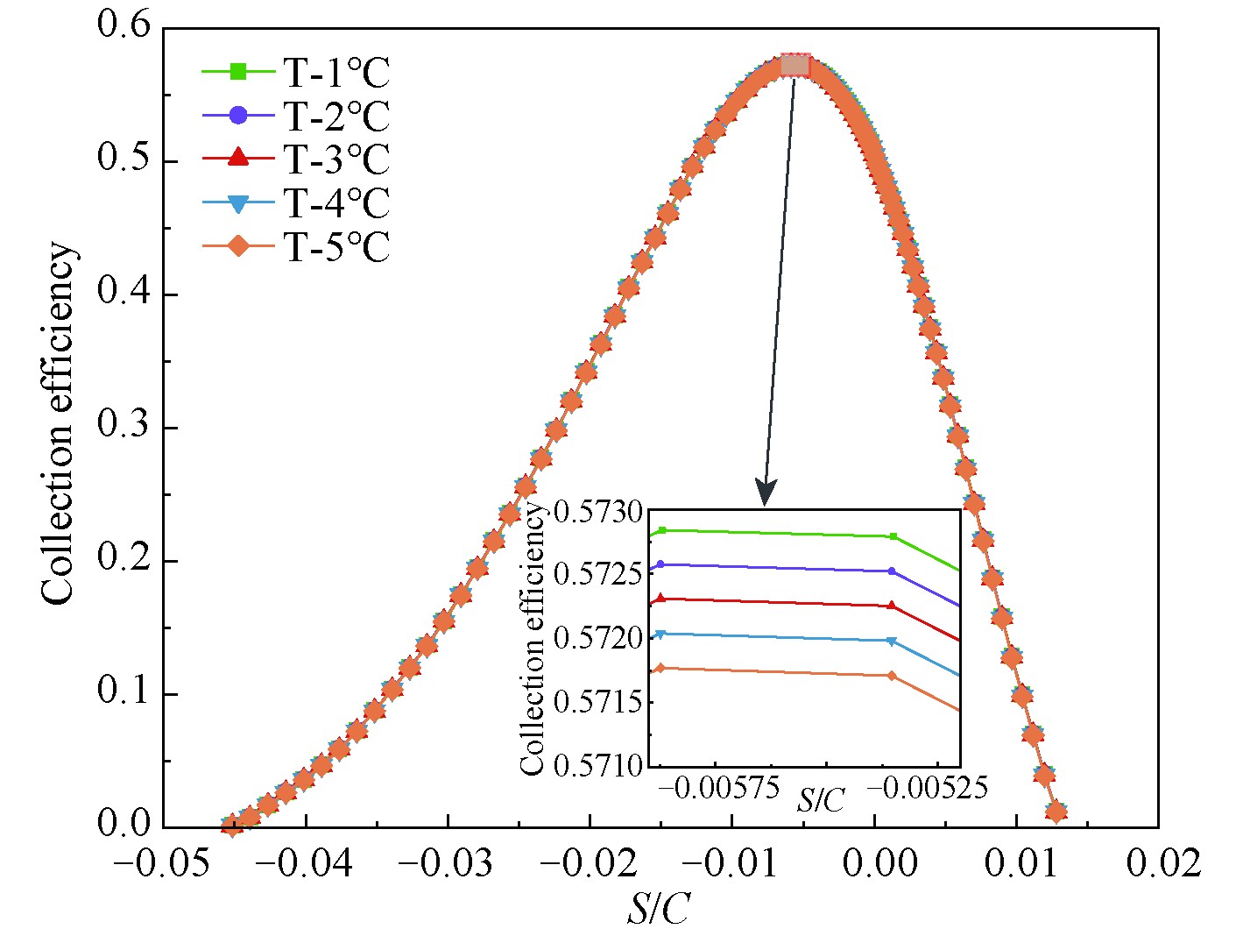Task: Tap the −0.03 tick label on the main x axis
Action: [447, 862]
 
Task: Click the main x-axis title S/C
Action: [657, 910]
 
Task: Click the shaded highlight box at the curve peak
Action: [795, 65]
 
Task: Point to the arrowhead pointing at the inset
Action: [766, 495]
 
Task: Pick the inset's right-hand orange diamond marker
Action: [892, 676]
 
